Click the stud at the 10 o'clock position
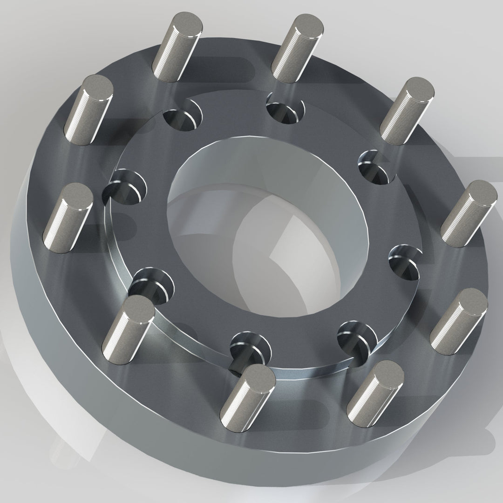(91, 109)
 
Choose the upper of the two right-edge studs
(468, 214)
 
